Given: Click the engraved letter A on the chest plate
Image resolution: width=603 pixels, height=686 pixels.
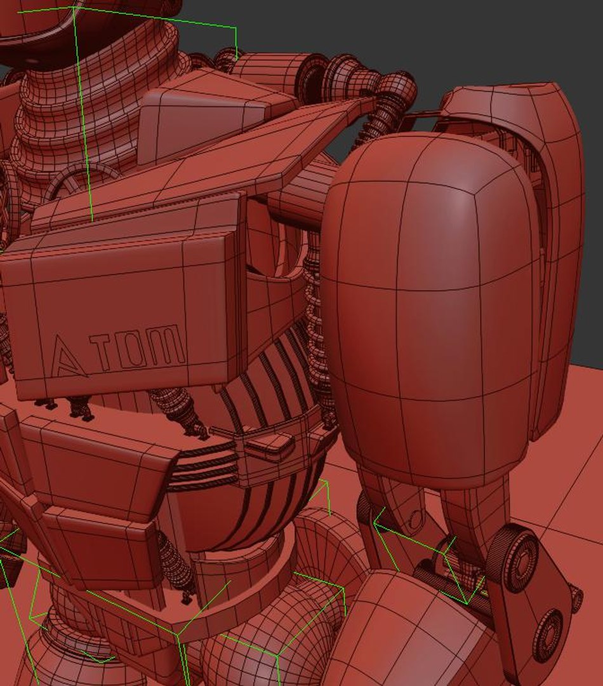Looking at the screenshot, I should [x=68, y=357].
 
